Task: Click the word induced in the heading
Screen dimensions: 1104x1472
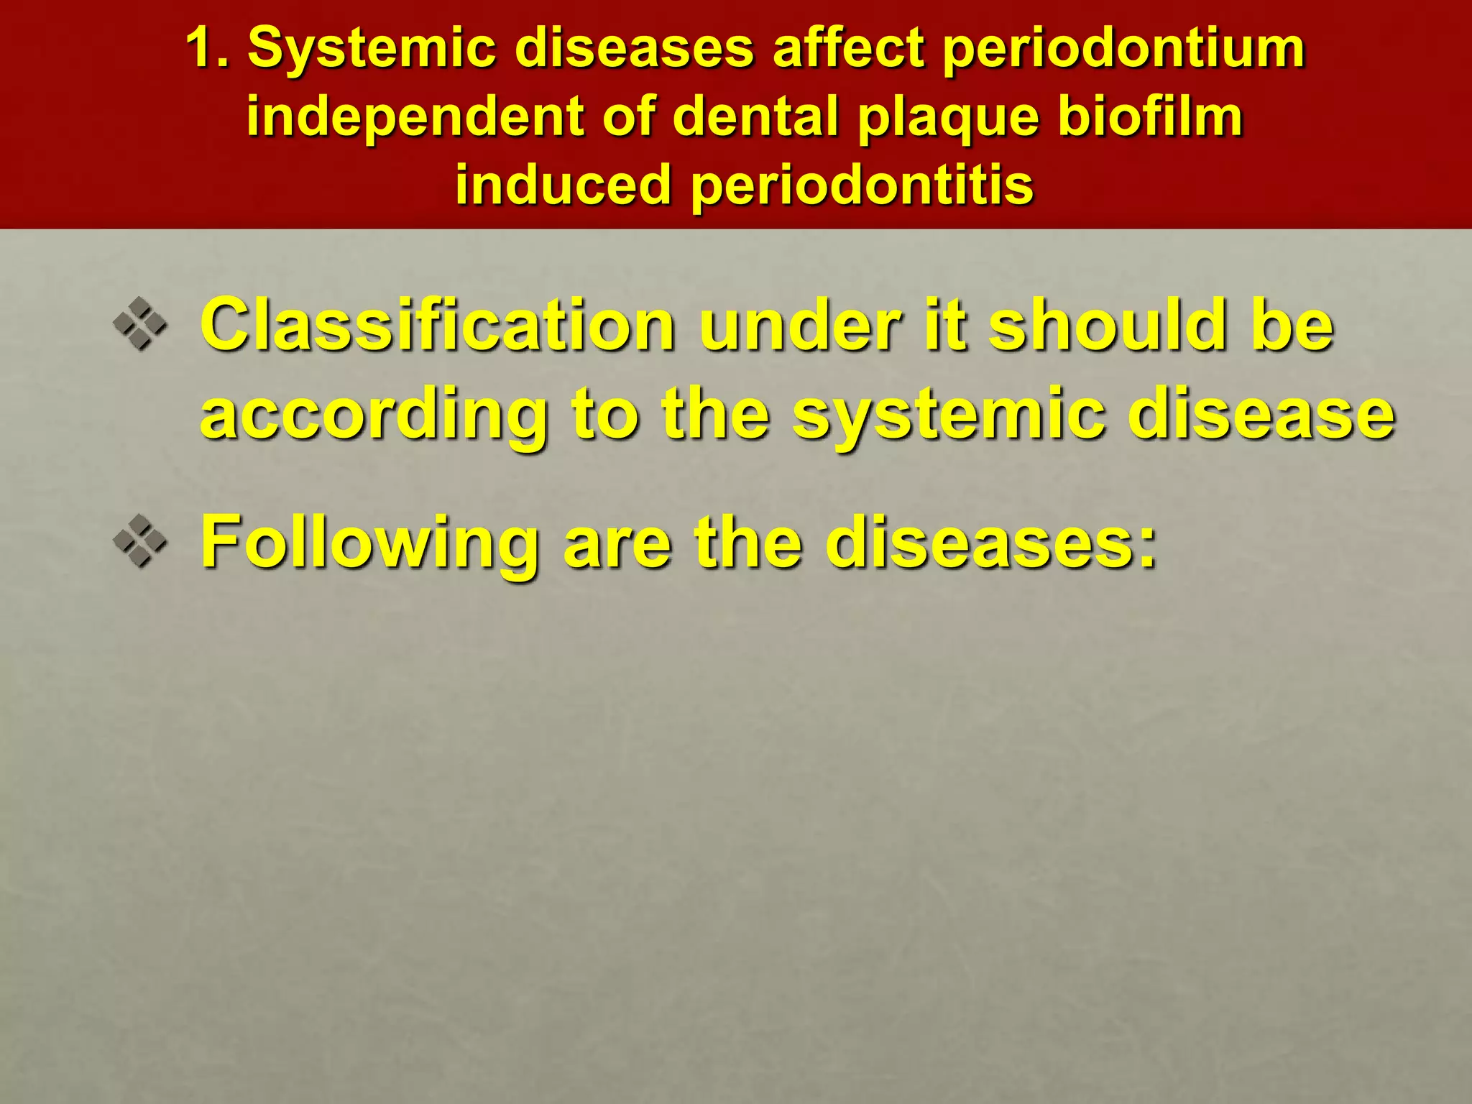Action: coord(563,185)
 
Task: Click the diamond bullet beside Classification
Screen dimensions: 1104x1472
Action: coord(140,324)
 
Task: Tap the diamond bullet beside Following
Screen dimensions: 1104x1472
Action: coord(140,540)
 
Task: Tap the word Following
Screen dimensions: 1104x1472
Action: coord(369,545)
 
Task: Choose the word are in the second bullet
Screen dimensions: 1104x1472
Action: coord(617,545)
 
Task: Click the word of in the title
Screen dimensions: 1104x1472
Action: coord(628,116)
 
